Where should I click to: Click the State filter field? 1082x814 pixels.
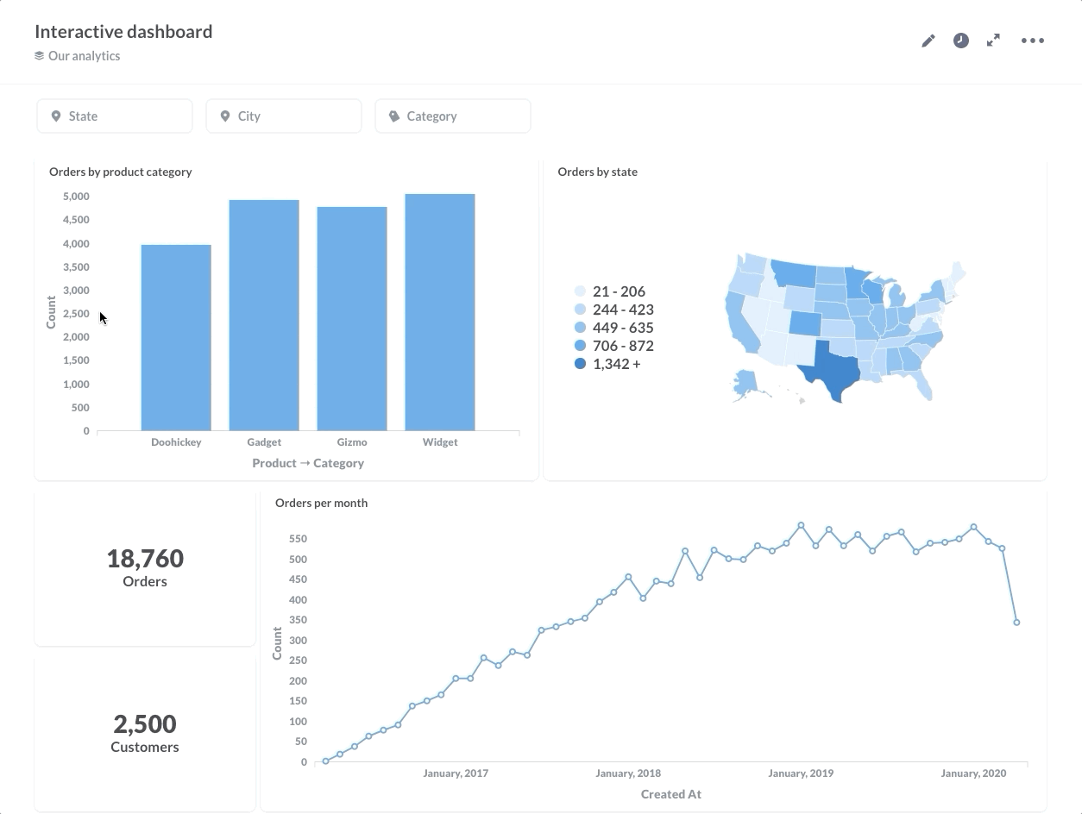115,116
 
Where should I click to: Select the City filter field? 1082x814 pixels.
284,116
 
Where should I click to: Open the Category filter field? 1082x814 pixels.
453,116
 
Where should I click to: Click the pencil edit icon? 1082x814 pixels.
928,41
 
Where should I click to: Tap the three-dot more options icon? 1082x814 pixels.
1033,41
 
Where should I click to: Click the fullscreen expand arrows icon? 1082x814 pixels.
994,41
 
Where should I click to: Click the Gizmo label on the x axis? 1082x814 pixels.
352,442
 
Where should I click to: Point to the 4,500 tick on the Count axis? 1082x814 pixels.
76,220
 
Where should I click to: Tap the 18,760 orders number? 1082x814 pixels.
145,559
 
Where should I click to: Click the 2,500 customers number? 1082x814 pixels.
145,724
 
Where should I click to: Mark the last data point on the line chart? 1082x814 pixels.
1017,623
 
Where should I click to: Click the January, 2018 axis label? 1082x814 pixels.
628,773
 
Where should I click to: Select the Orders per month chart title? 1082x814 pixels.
321,503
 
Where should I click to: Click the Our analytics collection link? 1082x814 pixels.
84,56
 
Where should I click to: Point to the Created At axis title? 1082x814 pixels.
671,794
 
